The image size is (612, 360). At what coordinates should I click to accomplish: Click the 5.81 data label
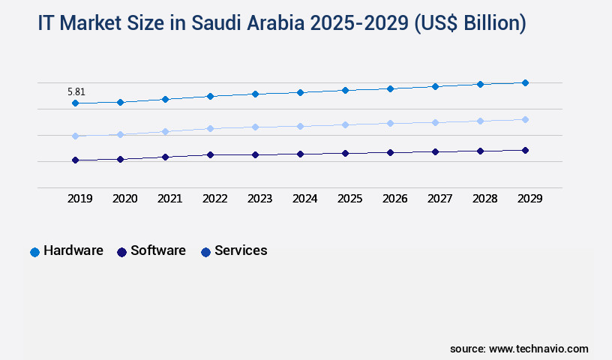(76, 92)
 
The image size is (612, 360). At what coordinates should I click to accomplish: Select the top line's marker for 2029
(525, 82)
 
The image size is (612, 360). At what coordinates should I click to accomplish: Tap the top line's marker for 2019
(75, 103)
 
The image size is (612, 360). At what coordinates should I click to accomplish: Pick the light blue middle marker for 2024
(300, 126)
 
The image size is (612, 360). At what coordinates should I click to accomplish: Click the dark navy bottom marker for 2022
(210, 154)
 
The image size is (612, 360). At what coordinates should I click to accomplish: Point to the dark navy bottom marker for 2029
(525, 150)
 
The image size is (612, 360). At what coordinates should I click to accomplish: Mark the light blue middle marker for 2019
(75, 136)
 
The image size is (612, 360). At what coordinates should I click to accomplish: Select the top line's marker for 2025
(345, 90)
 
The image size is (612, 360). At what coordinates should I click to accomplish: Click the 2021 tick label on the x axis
(169, 199)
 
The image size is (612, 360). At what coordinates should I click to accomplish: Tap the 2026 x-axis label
(394, 199)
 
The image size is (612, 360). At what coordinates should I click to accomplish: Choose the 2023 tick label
(259, 199)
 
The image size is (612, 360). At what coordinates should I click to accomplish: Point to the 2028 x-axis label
(484, 199)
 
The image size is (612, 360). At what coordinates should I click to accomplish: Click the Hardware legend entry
(73, 251)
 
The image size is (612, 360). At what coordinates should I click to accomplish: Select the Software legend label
(157, 251)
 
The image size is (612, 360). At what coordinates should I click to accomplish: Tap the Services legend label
(241, 251)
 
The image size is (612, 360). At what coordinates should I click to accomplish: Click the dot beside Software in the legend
(121, 252)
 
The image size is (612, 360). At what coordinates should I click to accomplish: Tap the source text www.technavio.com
(538, 349)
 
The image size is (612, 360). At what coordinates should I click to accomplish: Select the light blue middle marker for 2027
(435, 122)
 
